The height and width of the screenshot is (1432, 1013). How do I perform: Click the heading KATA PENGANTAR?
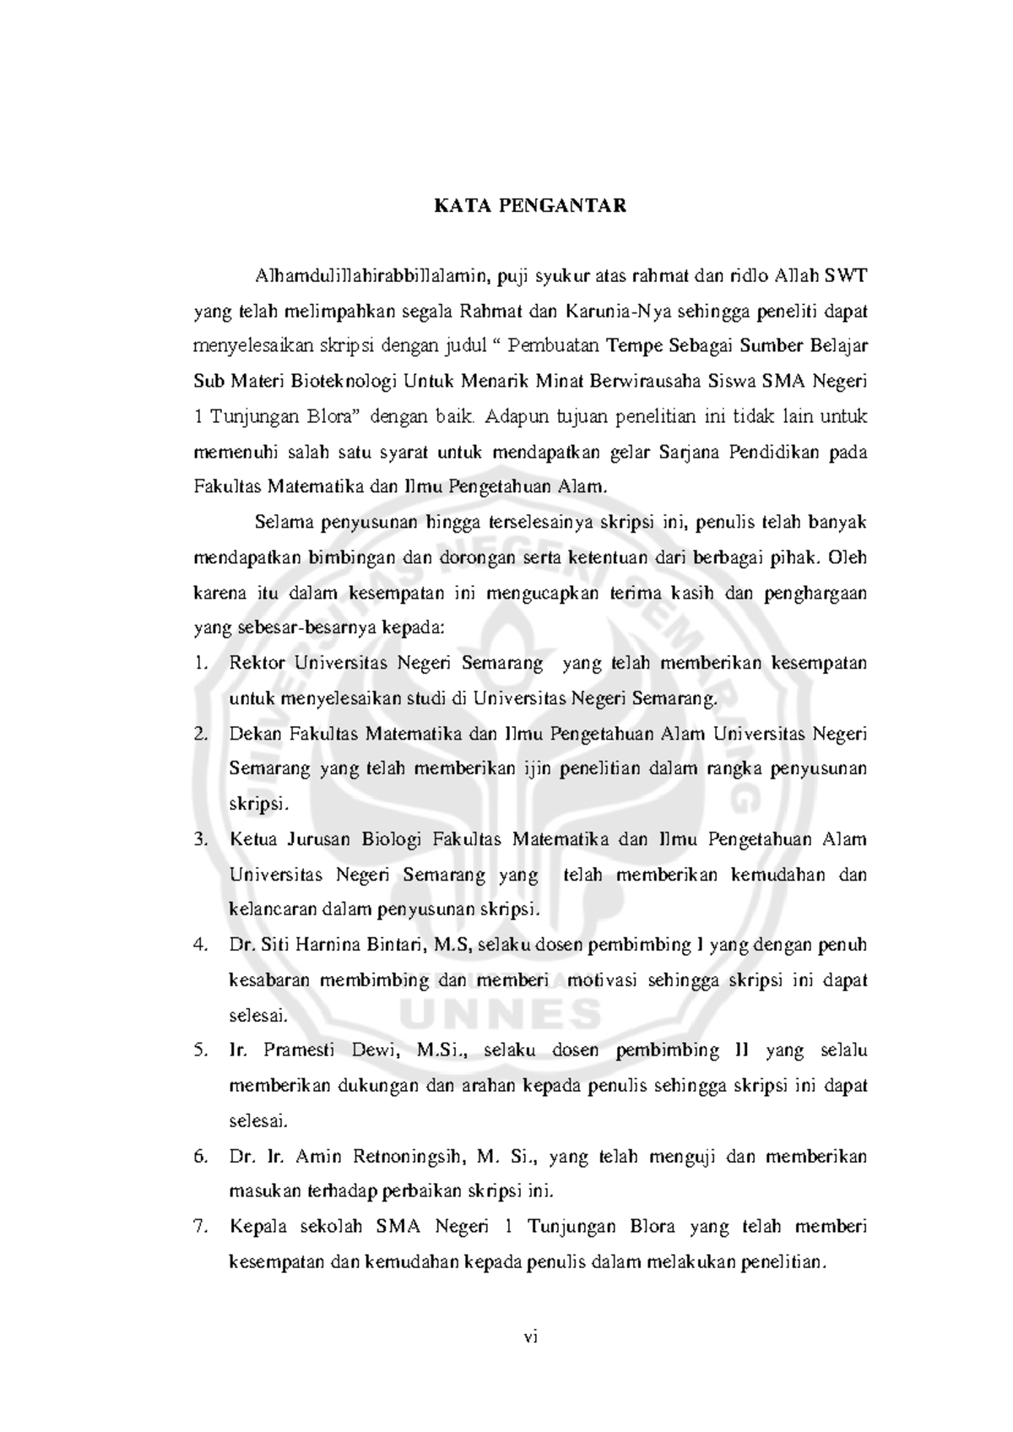530,205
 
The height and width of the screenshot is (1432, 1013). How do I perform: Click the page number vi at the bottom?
530,1360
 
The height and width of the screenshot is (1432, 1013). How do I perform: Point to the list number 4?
200,945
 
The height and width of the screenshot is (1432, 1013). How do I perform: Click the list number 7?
200,1227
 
